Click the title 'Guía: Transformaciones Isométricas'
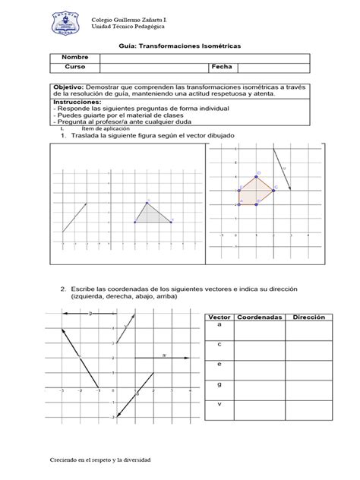click(179, 46)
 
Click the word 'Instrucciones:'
click(77, 100)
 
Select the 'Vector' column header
click(219, 316)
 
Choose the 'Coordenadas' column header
click(259, 316)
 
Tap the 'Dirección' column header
click(309, 316)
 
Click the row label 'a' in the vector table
click(219, 324)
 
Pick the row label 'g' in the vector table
click(219, 384)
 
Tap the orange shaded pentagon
click(254, 191)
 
